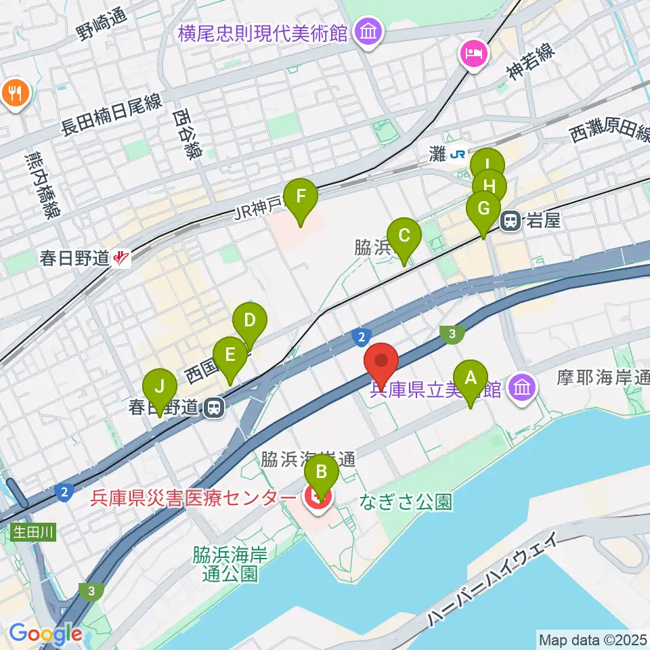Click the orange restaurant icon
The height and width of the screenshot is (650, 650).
click(15, 92)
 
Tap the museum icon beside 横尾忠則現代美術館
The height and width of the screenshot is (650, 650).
click(369, 32)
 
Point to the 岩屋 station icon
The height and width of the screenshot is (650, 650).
click(511, 220)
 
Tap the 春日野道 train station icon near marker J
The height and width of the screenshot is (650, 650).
click(214, 407)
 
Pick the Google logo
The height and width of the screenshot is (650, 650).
click(45, 634)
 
